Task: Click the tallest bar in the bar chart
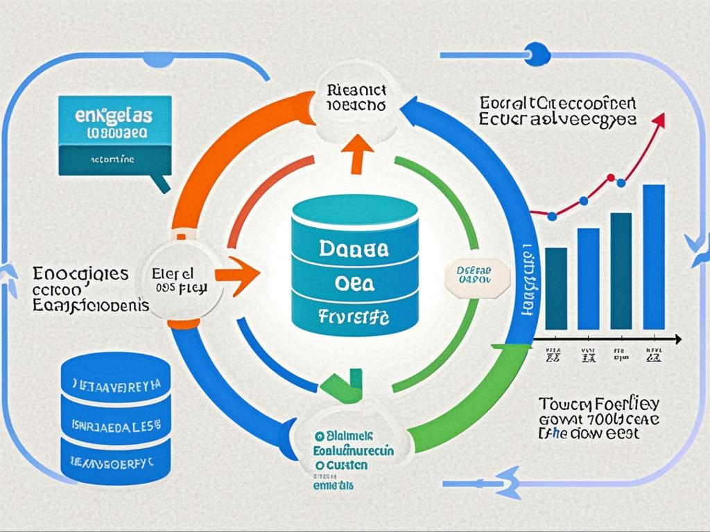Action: click(653, 256)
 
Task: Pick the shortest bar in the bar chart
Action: click(555, 287)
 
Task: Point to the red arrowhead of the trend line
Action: click(659, 119)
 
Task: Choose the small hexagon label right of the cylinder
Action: click(474, 274)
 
